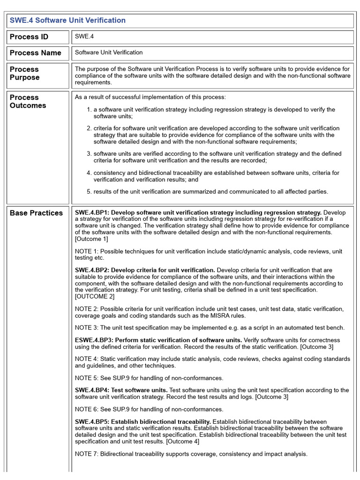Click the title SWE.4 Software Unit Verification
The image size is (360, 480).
pyautogui.click(x=67, y=21)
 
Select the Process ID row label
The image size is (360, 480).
pyautogui.click(x=29, y=37)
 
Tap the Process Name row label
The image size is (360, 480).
pyautogui.click(x=36, y=53)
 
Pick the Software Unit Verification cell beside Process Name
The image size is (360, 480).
pyautogui.click(x=109, y=52)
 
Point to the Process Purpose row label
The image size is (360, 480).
pyautogui.click(x=24, y=73)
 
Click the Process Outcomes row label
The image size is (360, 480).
pyautogui.click(x=28, y=101)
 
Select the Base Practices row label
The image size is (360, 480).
pyautogui.click(x=36, y=213)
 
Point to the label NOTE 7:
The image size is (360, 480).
pyautogui.click(x=87, y=454)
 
